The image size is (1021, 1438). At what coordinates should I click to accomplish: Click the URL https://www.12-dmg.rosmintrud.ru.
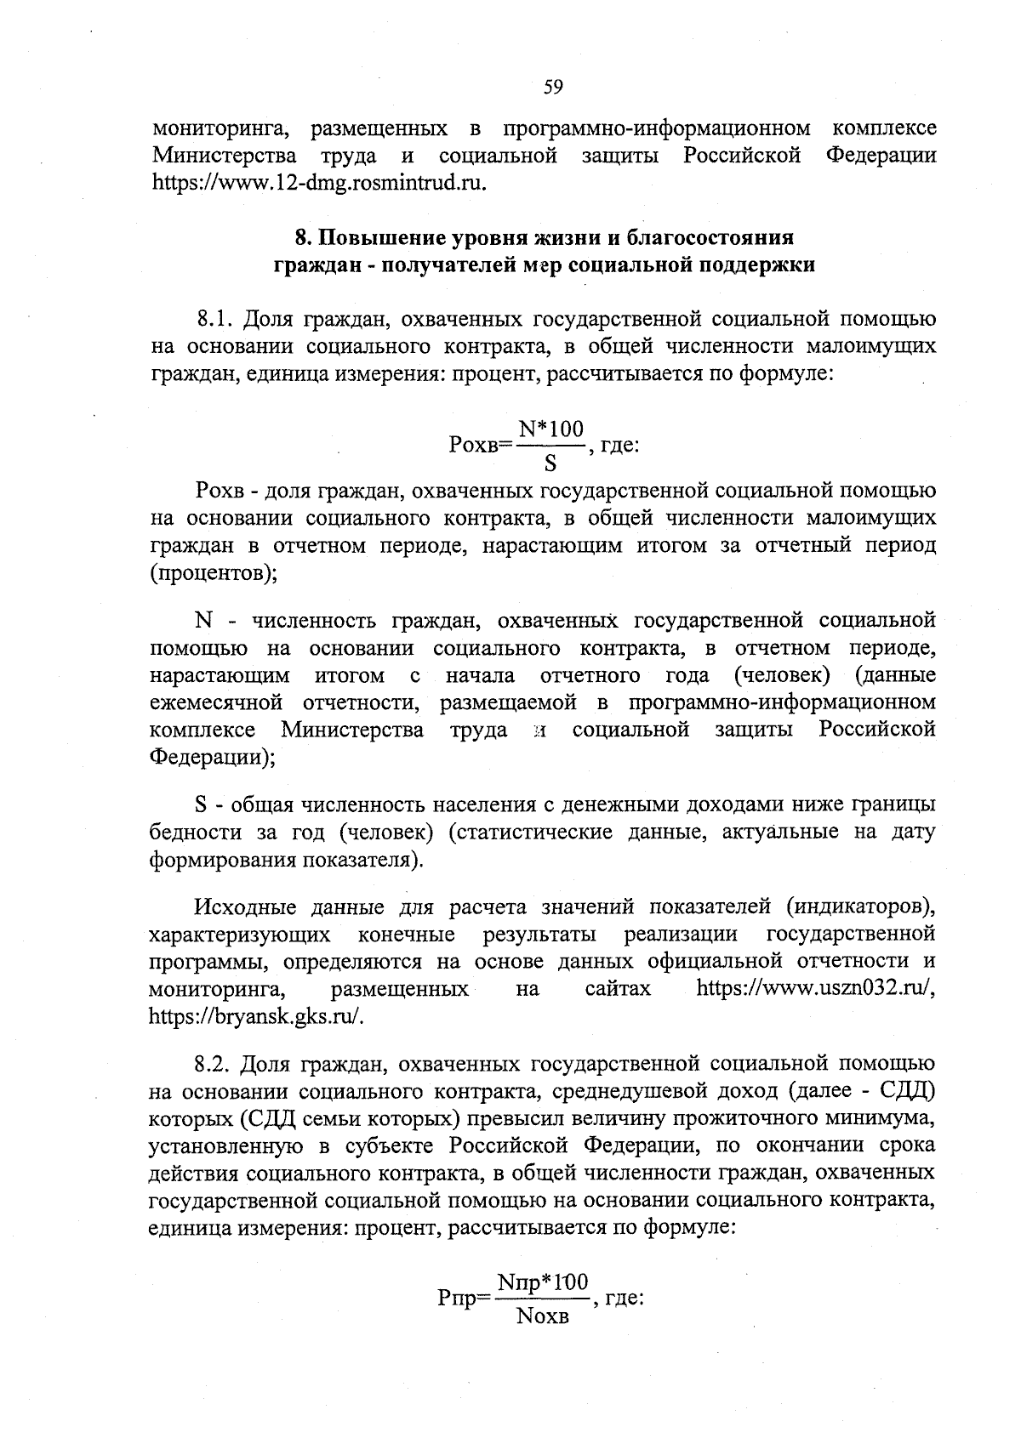coord(319,183)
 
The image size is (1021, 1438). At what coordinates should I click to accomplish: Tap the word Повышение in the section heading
coord(380,236)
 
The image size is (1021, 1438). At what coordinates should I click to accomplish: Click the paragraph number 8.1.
coord(214,320)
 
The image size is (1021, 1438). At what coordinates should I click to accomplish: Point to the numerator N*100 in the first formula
coord(551,430)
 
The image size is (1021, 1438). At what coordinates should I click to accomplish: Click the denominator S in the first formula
coord(550,464)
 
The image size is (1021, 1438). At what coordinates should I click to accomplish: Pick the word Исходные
coord(245,907)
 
